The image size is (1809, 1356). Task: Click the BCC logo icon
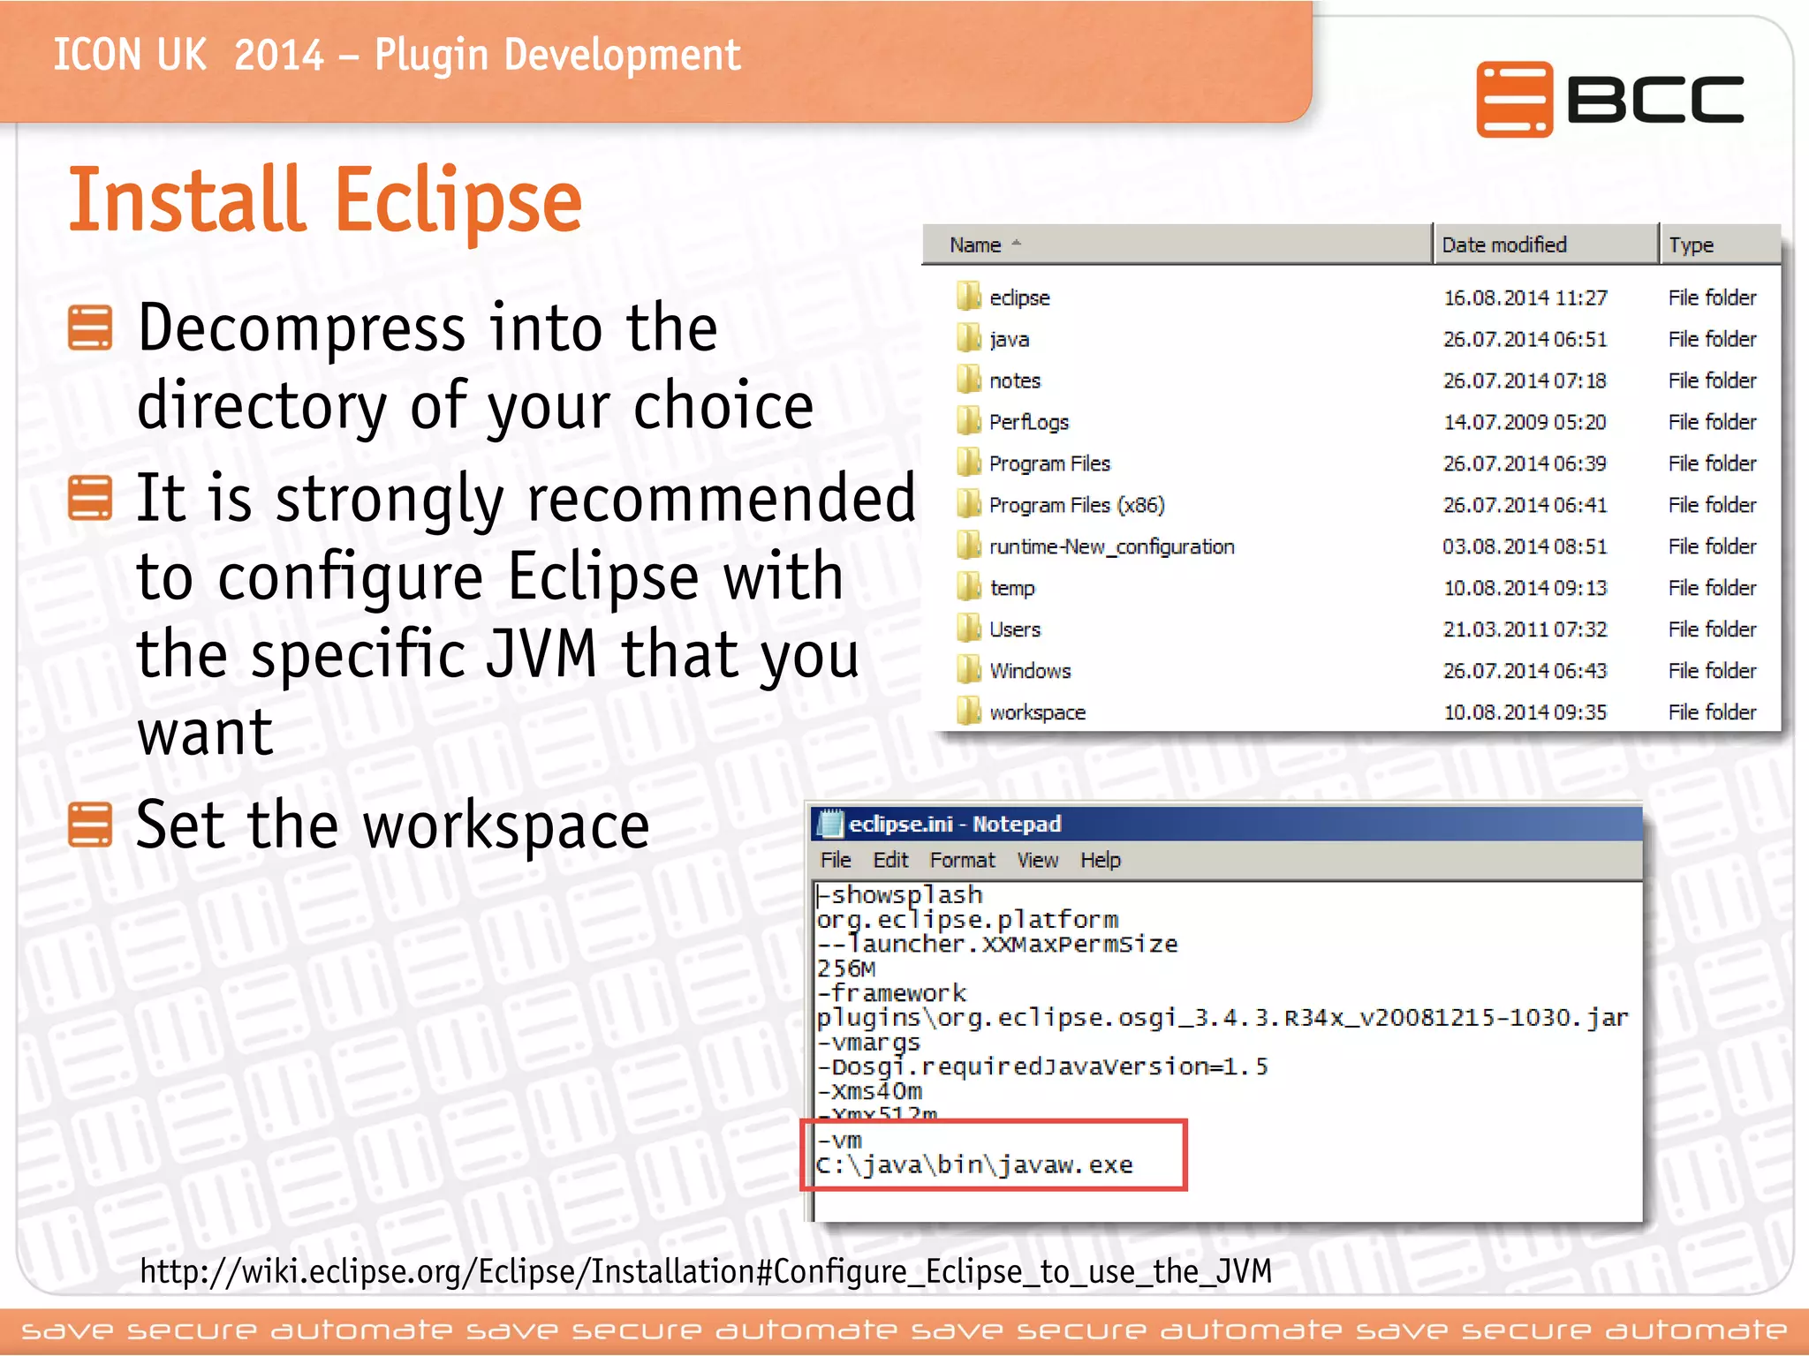tap(1513, 99)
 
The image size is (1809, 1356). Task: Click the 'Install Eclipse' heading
tap(325, 200)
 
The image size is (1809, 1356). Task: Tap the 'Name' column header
tap(975, 245)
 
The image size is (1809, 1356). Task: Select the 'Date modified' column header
tap(1503, 245)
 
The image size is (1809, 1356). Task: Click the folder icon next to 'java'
tap(968, 338)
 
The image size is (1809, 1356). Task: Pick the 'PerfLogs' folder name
tap(1028, 422)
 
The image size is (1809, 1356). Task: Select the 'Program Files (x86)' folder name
tap(1076, 505)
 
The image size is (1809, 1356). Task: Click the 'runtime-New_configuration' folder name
tap(1111, 546)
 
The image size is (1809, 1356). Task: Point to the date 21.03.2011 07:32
tap(1525, 629)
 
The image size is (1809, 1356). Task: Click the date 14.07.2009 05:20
tap(1525, 422)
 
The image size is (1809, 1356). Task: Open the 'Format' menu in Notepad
tap(962, 860)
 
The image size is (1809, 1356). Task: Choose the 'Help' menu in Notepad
tap(1100, 860)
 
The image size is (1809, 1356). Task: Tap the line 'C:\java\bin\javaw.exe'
tap(973, 1165)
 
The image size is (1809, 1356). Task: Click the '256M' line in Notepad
tap(846, 968)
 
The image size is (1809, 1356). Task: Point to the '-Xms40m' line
tap(869, 1091)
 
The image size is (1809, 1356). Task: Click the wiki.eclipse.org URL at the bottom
tap(705, 1271)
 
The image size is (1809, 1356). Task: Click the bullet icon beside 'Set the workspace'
tap(90, 825)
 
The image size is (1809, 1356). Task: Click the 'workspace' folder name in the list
tap(1037, 712)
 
